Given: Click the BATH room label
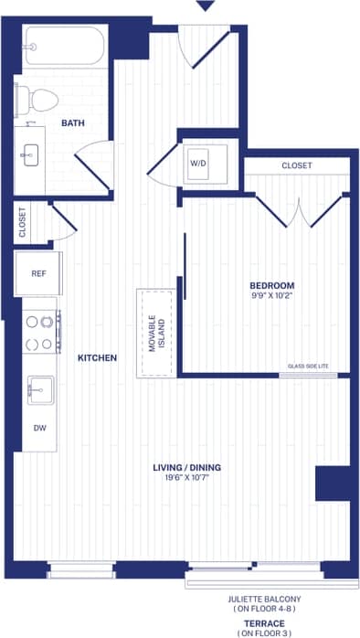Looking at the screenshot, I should (74, 122).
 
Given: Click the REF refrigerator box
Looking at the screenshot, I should (38, 272).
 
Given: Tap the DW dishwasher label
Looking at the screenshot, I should (38, 427).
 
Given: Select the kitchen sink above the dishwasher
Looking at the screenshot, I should (39, 389).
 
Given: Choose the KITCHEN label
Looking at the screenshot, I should (97, 357).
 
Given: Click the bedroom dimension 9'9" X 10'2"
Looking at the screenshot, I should (273, 296).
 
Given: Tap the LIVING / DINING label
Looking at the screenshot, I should (186, 468).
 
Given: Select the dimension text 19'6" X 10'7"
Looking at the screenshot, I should (186, 478).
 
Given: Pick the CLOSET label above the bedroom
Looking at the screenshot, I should (296, 165).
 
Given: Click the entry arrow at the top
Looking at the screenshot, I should (206, 5).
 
